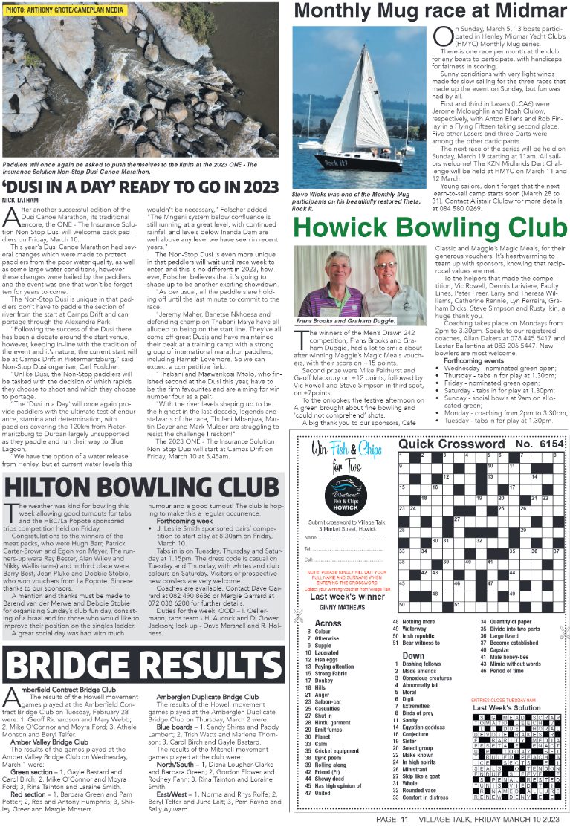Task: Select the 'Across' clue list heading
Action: pos(328,623)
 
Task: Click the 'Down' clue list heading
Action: pos(413,655)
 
